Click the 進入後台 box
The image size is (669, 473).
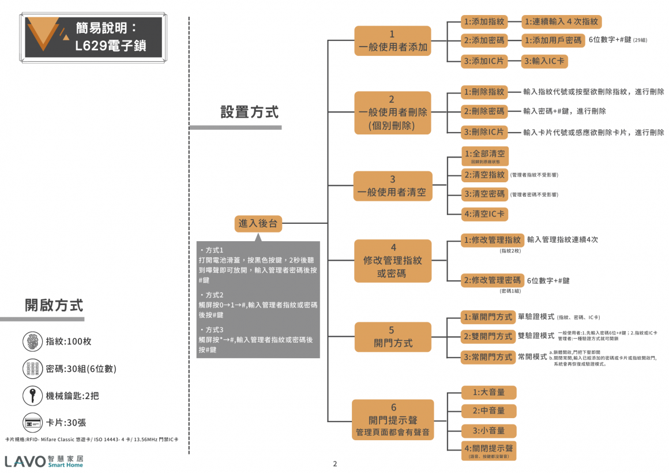point(258,223)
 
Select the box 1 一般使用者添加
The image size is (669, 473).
point(393,41)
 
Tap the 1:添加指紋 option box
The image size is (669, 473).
point(484,22)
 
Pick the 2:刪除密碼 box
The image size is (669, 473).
point(484,111)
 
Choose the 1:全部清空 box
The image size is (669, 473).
point(484,156)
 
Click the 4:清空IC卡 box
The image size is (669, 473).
point(484,214)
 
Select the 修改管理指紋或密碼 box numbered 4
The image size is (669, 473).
point(393,261)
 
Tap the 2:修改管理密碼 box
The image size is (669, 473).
point(492,280)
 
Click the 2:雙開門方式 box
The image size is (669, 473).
point(487,336)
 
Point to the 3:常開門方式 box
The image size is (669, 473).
point(487,357)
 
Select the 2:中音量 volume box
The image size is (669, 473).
point(488,411)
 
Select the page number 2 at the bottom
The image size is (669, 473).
point(334,463)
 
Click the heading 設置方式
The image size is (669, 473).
point(249,112)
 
